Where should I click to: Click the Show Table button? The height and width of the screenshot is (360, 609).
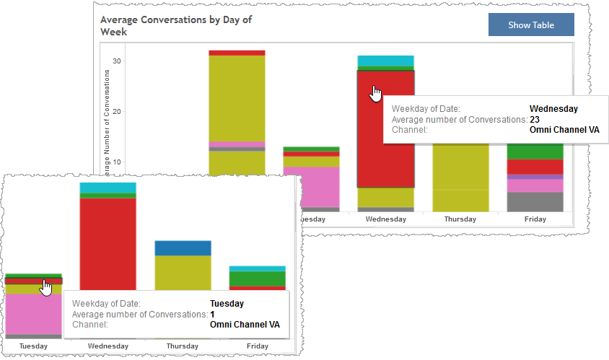point(531,25)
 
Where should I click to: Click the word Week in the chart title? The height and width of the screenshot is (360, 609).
point(113,32)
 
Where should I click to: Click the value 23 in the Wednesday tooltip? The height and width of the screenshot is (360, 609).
point(535,120)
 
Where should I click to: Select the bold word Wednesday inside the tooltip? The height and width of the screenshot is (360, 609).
point(553,109)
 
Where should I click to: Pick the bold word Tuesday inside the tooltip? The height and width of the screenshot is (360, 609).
point(227,304)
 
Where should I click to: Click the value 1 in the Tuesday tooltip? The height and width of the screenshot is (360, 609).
point(212,315)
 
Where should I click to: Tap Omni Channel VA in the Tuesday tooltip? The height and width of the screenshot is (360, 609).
point(244,325)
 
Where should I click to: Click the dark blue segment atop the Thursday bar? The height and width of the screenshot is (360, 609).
point(183,248)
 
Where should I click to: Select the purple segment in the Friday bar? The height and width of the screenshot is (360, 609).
point(535,177)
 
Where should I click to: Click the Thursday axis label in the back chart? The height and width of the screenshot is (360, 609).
point(460,219)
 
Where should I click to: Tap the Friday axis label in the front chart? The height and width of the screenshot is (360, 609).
point(257,346)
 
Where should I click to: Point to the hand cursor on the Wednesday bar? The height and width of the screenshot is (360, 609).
point(376,93)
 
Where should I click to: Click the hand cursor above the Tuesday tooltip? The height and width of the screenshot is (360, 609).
point(46,286)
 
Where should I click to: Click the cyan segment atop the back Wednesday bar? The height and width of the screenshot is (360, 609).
point(385,61)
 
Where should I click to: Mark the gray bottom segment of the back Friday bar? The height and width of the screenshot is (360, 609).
point(535,201)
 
